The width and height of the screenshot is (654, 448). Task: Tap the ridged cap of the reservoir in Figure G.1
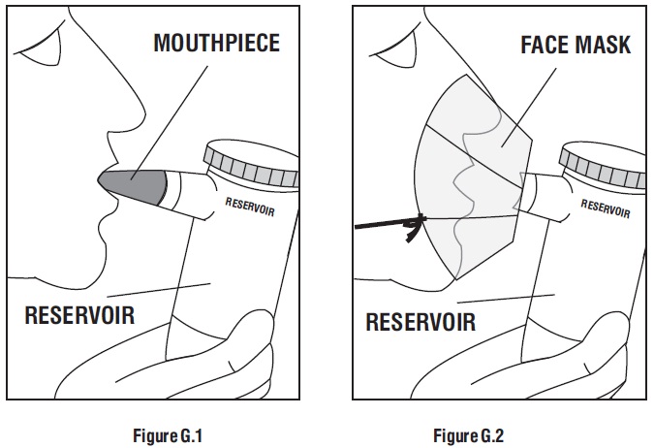(253, 165)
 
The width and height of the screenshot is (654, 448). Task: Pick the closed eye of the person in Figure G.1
(39, 39)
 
